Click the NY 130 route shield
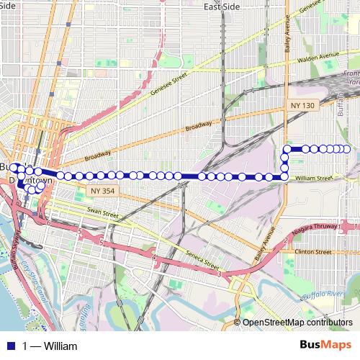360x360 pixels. click(x=303, y=105)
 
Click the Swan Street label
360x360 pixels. click(x=102, y=214)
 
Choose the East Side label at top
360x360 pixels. click(x=220, y=6)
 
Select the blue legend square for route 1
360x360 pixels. click(x=10, y=346)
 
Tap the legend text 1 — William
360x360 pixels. click(x=50, y=346)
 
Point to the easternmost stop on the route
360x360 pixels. click(x=347, y=149)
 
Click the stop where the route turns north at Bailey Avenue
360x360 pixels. click(x=284, y=176)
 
